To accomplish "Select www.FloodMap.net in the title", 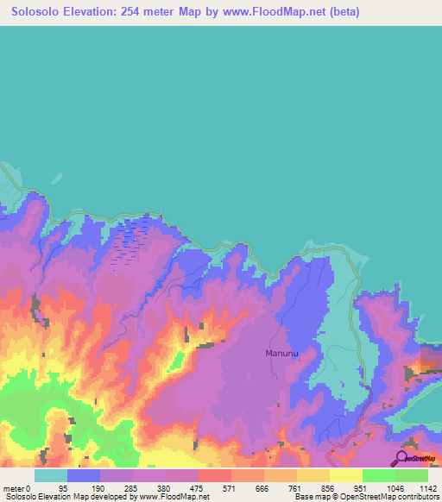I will [284, 12].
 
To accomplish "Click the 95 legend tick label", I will [62, 487].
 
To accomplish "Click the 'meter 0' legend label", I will [16, 487].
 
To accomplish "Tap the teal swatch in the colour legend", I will [50, 475].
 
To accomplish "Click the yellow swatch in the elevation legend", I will [345, 475].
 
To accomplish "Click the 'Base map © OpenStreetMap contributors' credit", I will [364, 497].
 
